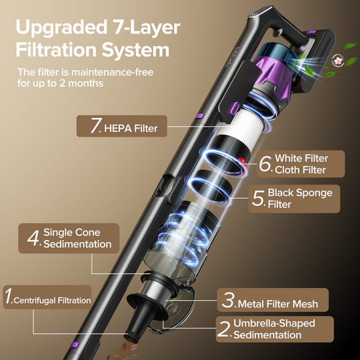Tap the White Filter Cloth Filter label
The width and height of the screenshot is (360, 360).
[301, 163]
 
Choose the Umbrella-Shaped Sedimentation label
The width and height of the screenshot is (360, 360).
[274, 328]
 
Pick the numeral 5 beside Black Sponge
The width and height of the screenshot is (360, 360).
[259, 199]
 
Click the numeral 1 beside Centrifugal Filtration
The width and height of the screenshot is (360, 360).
[9, 297]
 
